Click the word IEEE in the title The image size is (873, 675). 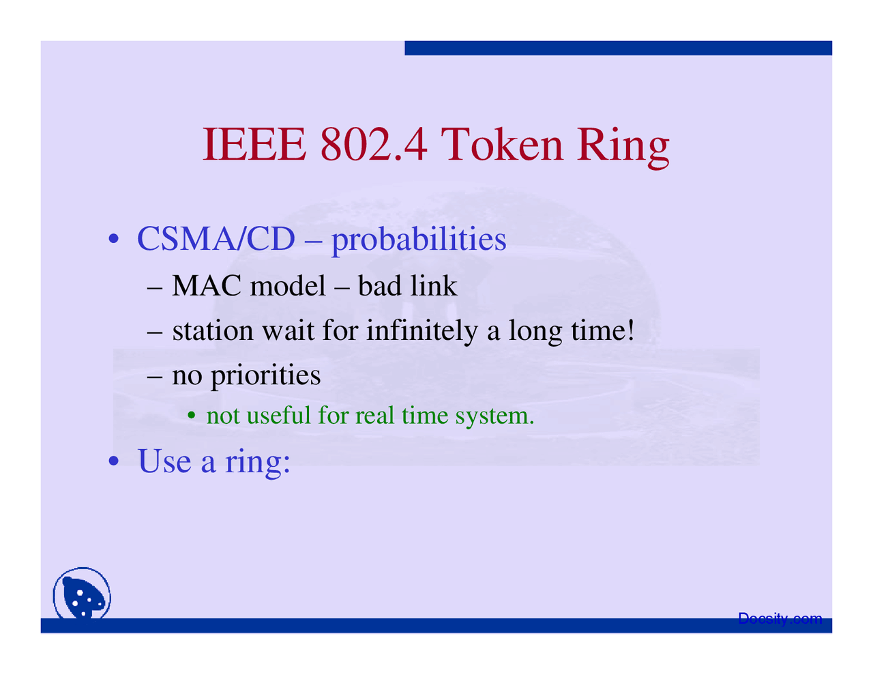click(254, 145)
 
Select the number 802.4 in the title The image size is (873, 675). click(374, 145)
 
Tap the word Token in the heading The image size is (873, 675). click(502, 145)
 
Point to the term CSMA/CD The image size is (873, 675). click(216, 239)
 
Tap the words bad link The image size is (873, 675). click(407, 286)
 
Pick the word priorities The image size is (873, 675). click(265, 375)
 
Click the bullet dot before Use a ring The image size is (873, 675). click(115, 461)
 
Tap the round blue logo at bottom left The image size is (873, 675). click(82, 594)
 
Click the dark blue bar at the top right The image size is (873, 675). click(618, 48)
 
